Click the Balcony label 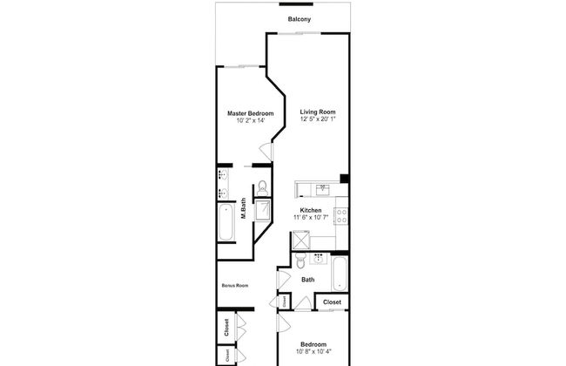[x=300, y=19]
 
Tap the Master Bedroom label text [x=251, y=113]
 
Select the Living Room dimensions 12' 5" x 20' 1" [x=318, y=119]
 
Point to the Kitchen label [x=311, y=210]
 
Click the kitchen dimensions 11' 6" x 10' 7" [x=311, y=218]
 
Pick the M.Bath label [x=244, y=208]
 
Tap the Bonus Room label [x=235, y=286]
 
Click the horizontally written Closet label [x=332, y=302]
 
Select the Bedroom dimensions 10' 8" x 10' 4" [x=313, y=351]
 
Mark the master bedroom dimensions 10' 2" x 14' [x=251, y=120]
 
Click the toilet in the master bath [x=262, y=188]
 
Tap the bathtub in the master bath [x=226, y=222]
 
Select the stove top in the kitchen [x=341, y=216]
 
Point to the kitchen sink [x=323, y=189]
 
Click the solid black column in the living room [x=344, y=179]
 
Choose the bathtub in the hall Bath [x=340, y=274]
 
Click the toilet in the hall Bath [x=300, y=261]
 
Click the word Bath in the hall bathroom [x=308, y=280]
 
